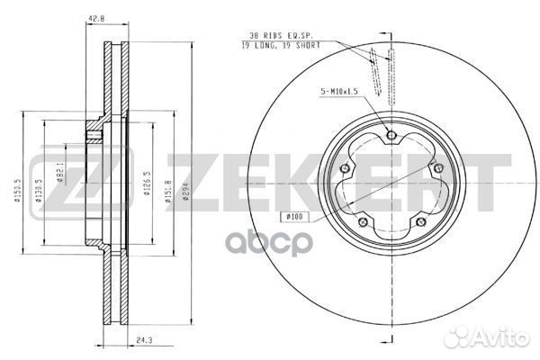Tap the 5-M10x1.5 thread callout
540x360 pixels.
340,91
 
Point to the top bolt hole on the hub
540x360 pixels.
390,136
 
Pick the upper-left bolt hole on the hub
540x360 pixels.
346,168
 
